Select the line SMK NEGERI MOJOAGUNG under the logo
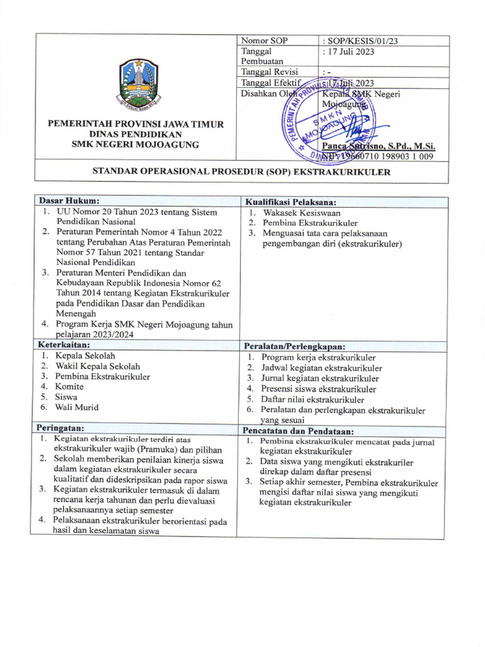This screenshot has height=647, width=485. tap(136, 145)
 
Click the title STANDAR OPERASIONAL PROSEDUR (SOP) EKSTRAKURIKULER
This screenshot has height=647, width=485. tap(242, 171)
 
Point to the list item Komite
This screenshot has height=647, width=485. tap(69, 387)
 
